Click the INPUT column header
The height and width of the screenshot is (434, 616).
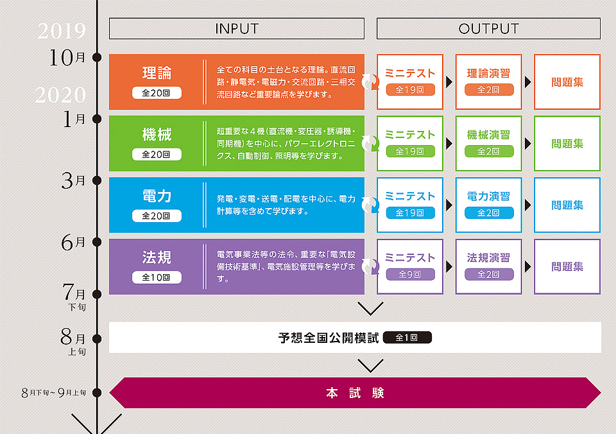coord(236,29)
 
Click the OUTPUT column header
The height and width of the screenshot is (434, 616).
coord(488,29)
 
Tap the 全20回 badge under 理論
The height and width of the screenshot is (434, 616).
coord(157,93)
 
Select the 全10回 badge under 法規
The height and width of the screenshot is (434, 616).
coord(157,277)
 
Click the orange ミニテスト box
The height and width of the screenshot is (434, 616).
coord(410,82)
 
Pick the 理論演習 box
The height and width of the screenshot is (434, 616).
coord(488,82)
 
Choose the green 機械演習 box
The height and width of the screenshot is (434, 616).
coord(488,143)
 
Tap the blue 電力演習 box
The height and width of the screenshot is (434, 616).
coord(488,205)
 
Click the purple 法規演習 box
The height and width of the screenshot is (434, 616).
coord(488,266)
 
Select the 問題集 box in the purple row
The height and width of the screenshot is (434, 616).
coord(567,266)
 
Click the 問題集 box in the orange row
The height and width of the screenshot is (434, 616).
coord(567,82)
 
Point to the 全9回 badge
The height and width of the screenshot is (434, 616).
coord(410,274)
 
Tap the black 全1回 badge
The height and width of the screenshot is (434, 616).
coord(407,337)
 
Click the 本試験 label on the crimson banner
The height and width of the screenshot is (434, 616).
coord(355,393)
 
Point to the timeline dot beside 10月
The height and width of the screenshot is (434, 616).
coord(97,58)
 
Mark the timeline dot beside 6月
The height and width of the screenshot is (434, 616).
coord(97,242)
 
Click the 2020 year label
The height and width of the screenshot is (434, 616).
coord(60,96)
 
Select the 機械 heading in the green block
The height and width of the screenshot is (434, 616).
coord(157,135)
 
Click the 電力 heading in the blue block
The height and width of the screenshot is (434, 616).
coord(157,196)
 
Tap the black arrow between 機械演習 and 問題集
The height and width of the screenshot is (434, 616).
coord(527,143)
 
